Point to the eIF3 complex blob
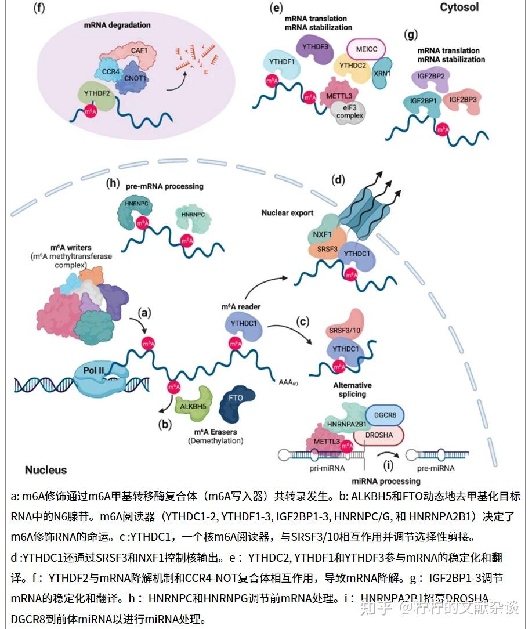click(x=349, y=111)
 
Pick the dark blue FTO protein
click(x=237, y=399)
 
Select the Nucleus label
click(x=46, y=470)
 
